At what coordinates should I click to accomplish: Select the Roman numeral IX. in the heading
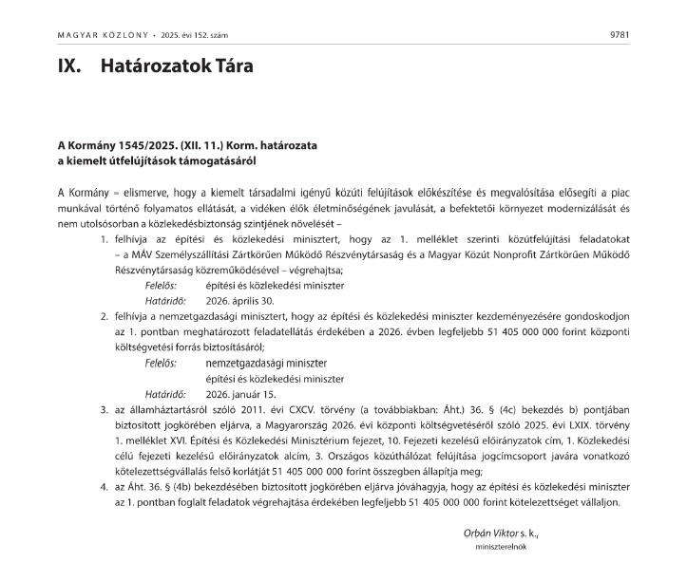pos(69,68)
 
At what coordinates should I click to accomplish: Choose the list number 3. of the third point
pos(105,408)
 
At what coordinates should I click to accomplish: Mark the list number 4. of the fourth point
pos(105,485)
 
